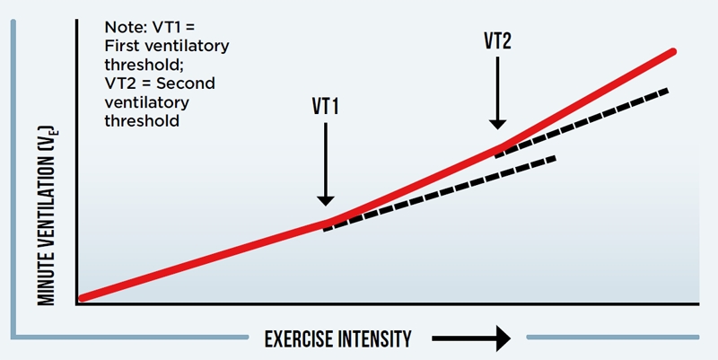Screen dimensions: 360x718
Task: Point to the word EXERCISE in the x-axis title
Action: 300,338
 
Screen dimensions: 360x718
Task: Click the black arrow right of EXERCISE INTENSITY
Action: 471,338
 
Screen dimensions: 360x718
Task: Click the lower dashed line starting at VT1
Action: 440,193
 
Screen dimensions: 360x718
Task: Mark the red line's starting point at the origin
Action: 83,297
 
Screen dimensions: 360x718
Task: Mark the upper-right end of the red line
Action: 671,53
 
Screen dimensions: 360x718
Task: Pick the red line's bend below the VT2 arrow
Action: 498,147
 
